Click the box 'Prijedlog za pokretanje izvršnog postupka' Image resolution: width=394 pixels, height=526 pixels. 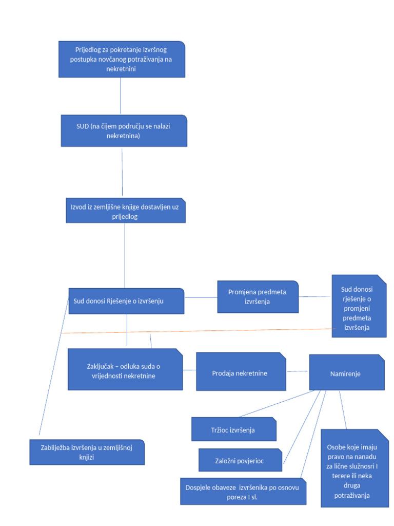tap(121, 59)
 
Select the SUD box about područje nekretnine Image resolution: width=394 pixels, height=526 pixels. tap(123, 130)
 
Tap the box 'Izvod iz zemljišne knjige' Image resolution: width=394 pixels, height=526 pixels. tap(125, 211)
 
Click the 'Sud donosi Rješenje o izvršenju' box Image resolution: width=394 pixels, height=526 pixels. tap(126, 301)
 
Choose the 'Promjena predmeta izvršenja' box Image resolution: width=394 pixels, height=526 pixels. tap(258, 297)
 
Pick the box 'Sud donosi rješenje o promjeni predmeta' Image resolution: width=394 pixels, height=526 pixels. tap(359, 307)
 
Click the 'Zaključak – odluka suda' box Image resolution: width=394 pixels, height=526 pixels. tap(125, 369)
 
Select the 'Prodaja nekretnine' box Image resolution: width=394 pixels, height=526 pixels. tap(241, 372)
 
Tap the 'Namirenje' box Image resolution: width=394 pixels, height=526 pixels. tap(346, 372)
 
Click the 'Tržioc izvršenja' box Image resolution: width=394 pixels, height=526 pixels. tap(233, 429)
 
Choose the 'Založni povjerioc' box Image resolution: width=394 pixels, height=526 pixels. tap(240, 460)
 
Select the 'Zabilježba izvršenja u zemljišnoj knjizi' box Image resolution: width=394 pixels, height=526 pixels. tap(87, 452)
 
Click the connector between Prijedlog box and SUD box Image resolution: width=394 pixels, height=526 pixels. tap(121, 96)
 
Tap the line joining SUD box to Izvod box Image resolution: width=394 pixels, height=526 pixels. tap(122, 172)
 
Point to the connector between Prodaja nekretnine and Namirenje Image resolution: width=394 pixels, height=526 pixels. tap(298, 371)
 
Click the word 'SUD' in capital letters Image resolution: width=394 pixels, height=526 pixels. tap(82, 126)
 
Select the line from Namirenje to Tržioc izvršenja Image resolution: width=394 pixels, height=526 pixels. tap(277, 403)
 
